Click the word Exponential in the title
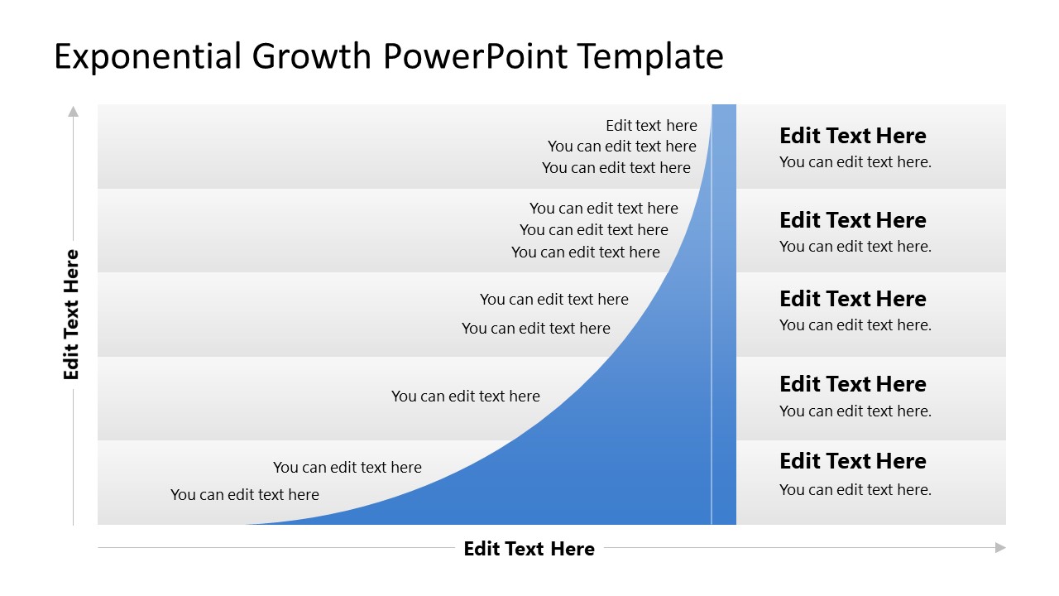point(148,56)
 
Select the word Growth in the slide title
point(312,56)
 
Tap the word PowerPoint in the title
point(476,56)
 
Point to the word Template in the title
point(650,56)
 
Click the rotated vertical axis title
point(72,315)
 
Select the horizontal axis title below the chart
point(529,549)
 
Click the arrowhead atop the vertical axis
point(73,111)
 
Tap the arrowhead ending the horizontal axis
point(1000,547)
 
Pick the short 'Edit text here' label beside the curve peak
point(651,125)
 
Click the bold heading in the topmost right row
point(852,136)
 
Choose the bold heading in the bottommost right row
point(852,461)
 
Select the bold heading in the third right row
point(852,299)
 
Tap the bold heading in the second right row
point(852,220)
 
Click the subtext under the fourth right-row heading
point(855,411)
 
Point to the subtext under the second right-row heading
point(855,246)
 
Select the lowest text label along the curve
point(244,494)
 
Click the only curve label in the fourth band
point(465,396)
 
